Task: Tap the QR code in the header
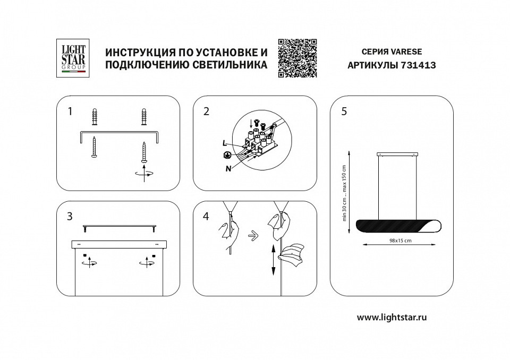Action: coord(297,58)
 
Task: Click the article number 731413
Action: coord(406,66)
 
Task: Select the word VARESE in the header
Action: coord(406,52)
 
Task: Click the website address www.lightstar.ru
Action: coord(392,318)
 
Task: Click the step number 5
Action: coord(344,112)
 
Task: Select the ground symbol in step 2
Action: coord(226,155)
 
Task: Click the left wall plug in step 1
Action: coord(95,117)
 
